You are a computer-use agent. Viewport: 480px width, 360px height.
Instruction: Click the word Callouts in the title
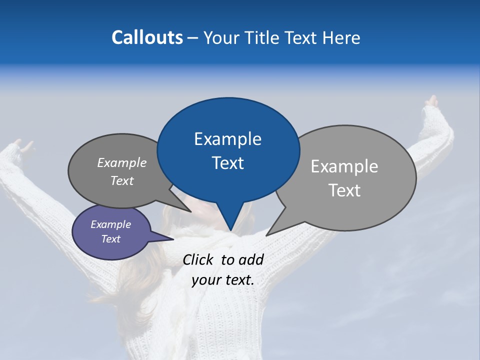(147, 37)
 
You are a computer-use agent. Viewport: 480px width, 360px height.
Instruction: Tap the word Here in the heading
(339, 37)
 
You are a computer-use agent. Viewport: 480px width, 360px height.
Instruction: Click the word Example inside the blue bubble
(227, 139)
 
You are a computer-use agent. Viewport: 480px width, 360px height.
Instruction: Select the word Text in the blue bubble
(227, 163)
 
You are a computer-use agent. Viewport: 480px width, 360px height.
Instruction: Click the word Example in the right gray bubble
(344, 166)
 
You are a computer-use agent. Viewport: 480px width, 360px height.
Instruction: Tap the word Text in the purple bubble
(111, 239)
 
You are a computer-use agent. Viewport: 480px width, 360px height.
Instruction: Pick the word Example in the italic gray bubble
(122, 162)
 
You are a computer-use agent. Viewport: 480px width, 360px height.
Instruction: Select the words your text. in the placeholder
(223, 280)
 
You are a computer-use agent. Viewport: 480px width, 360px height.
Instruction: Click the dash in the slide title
(193, 38)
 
